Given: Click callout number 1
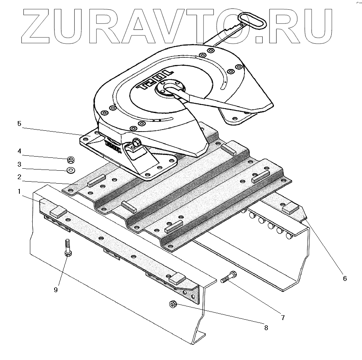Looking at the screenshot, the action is tap(19, 192).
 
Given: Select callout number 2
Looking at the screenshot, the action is tap(19, 177).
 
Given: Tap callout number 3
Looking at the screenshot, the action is tap(19, 164).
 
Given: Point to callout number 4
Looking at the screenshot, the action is tap(19, 151).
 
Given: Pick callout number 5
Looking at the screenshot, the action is tap(19, 123).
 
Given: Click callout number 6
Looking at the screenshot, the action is tap(345, 278).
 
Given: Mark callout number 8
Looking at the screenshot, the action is tap(265, 327).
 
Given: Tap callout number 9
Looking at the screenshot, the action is tap(56, 289).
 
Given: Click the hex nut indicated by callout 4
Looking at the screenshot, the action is tap(70, 159).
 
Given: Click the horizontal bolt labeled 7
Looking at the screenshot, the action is tap(228, 278).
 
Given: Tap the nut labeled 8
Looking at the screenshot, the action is tap(172, 304).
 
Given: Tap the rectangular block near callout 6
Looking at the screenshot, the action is tap(290, 210).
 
